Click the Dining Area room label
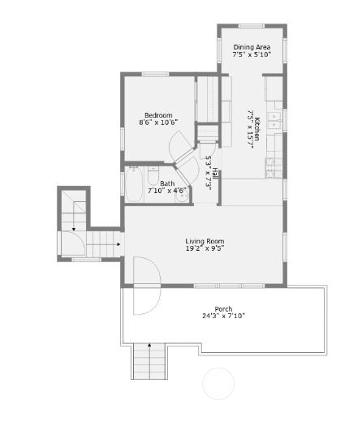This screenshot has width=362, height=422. click(x=252, y=47)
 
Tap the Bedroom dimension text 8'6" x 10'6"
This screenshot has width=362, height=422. click(x=158, y=123)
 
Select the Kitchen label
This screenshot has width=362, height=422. click(x=257, y=129)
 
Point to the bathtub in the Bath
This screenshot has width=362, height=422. click(x=134, y=184)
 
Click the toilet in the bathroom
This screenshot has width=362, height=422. click(x=153, y=175)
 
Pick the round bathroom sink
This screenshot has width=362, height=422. click(x=182, y=198)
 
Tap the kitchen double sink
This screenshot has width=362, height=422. click(x=274, y=121)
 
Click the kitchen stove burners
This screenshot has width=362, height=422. click(x=274, y=168)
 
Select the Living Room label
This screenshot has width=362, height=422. click(x=205, y=241)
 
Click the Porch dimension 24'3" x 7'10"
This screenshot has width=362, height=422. click(x=223, y=316)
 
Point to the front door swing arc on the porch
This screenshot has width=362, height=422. click(x=148, y=286)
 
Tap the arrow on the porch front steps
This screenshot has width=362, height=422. click(x=149, y=345)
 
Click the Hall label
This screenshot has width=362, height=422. click(x=215, y=174)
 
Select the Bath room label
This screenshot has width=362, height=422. click(x=167, y=183)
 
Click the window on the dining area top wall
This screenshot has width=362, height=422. click(x=251, y=26)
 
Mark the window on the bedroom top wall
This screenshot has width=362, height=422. click(x=155, y=74)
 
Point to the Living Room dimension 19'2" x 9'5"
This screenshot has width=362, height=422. click(x=205, y=248)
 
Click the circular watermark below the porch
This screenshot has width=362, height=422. click(x=218, y=383)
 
